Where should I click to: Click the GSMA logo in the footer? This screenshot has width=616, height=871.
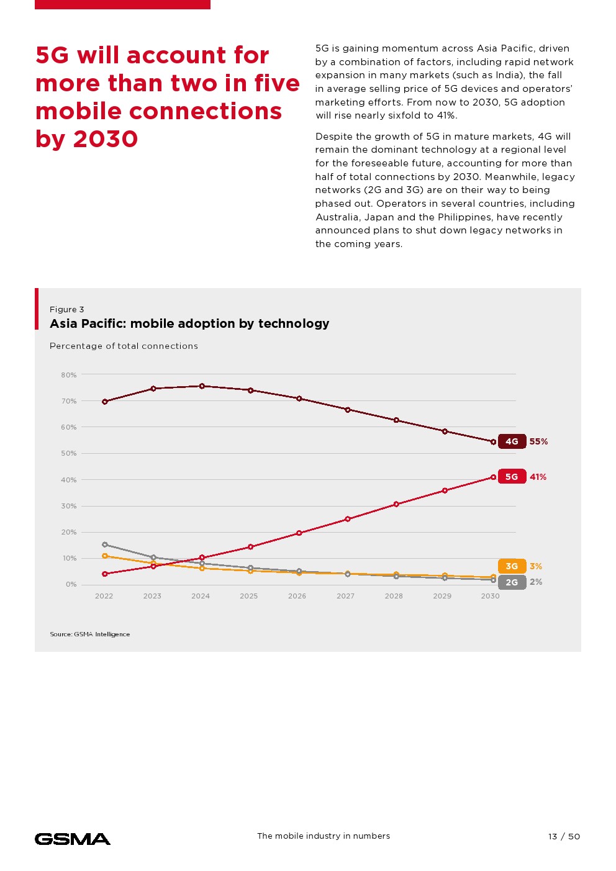73,839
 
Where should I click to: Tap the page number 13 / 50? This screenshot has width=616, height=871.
564,836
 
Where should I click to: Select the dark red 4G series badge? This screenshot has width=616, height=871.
512,441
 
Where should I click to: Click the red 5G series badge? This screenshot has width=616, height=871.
512,477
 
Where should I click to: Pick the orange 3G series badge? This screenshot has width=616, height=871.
512,566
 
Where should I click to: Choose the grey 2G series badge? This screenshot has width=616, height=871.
512,582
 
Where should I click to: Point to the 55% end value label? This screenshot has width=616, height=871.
538,441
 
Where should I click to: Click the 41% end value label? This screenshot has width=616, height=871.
538,477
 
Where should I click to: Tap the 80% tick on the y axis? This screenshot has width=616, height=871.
69,375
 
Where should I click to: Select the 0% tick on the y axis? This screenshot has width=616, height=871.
71,584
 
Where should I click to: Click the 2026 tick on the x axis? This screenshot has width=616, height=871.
297,596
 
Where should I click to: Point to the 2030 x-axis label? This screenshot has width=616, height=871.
490,596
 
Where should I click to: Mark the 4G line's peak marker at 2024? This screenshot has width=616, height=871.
202,386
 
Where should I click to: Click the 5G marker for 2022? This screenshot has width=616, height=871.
105,574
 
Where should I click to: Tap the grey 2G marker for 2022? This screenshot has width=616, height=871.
105,544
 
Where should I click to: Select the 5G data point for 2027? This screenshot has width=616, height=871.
348,519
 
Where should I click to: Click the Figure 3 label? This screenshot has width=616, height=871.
66,309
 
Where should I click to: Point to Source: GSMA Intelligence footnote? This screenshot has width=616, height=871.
90,634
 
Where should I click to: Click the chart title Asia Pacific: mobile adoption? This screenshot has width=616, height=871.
189,323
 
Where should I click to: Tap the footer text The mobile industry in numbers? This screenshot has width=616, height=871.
324,836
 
